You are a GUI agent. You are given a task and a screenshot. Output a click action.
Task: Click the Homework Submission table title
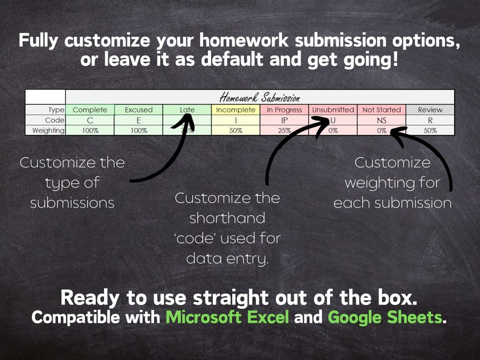pyautogui.click(x=259, y=97)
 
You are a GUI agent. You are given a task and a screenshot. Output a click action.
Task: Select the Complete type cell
pyautogui.click(x=89, y=110)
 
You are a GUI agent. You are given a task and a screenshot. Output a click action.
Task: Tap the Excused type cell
pyautogui.click(x=138, y=110)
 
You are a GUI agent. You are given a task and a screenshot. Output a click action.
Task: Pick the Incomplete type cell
pyautogui.click(x=236, y=110)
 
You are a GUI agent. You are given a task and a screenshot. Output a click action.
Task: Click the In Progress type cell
pyautogui.click(x=284, y=110)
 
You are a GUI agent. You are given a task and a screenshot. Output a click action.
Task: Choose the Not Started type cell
pyautogui.click(x=381, y=110)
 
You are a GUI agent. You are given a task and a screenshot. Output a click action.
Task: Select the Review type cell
pyautogui.click(x=430, y=110)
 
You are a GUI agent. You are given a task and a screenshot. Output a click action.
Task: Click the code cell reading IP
pyautogui.click(x=284, y=120)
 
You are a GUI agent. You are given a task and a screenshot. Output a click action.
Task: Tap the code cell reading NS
pyautogui.click(x=381, y=120)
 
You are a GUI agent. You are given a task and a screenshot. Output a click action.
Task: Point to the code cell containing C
pyautogui.click(x=89, y=120)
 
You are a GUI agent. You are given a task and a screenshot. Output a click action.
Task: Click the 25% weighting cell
pyautogui.click(x=284, y=130)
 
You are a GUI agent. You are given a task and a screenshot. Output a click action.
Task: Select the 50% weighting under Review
pyautogui.click(x=430, y=130)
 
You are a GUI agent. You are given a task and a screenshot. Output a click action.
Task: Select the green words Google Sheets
pyautogui.click(x=384, y=317)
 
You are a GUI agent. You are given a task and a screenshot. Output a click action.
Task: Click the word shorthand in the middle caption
pyautogui.click(x=227, y=218)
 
